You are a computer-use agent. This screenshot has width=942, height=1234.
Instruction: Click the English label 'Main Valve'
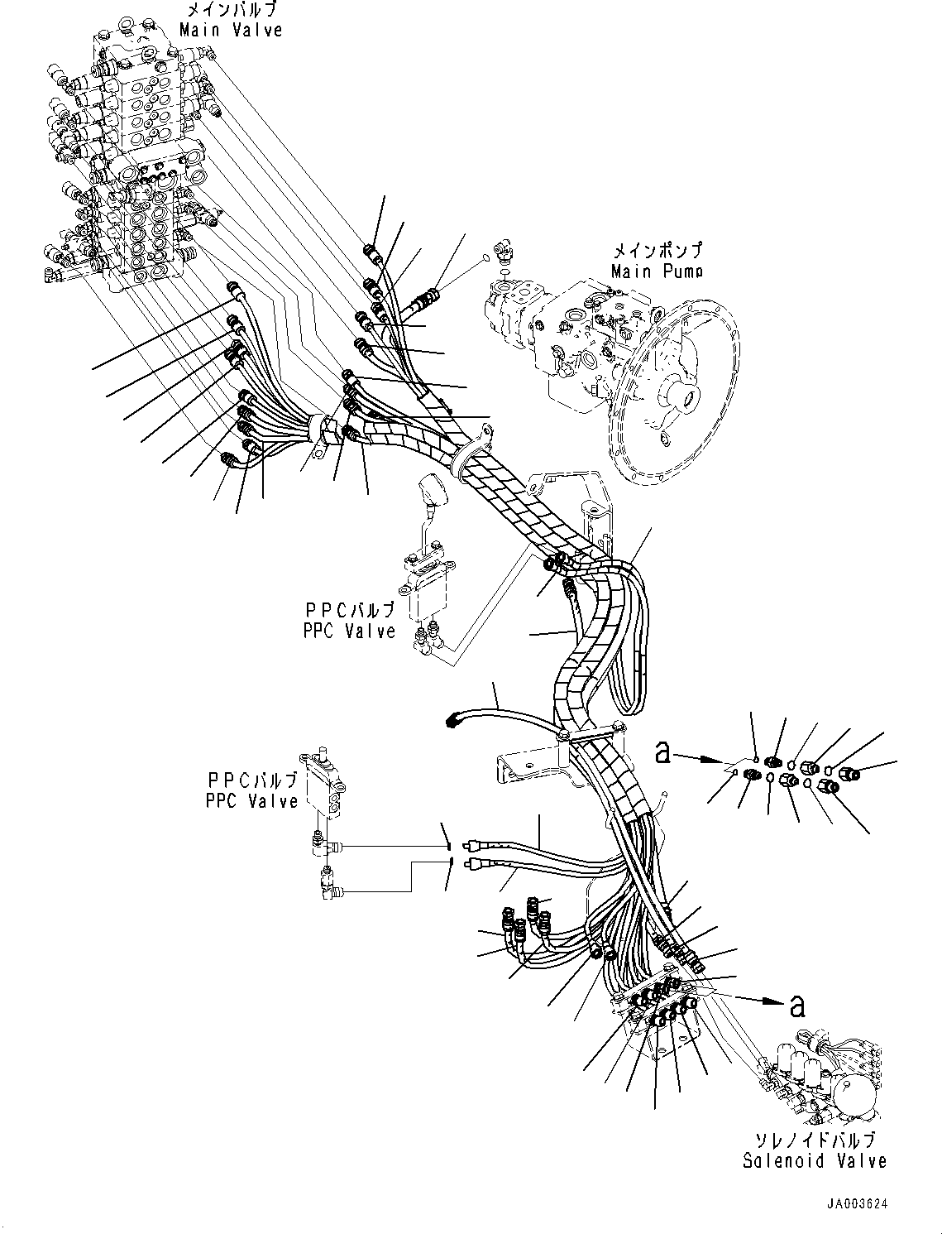[x=230, y=30]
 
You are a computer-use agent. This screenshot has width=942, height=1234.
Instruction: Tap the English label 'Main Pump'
[x=657, y=271]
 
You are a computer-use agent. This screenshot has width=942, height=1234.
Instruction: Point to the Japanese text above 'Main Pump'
[x=657, y=250]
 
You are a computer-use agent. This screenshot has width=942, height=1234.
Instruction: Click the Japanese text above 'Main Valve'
[x=232, y=10]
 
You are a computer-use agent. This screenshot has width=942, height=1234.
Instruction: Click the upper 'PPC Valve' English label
[x=349, y=631]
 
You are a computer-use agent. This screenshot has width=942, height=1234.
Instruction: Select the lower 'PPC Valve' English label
[x=251, y=800]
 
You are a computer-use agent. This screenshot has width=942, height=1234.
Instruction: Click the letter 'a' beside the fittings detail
[x=663, y=753]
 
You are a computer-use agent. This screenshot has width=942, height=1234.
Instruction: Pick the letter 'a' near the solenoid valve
[x=797, y=1006]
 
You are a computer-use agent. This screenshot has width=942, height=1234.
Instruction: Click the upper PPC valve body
[x=427, y=597]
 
